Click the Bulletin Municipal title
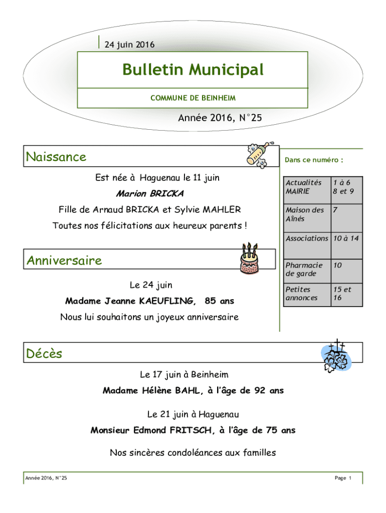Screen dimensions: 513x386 pyautogui.click(x=193, y=70)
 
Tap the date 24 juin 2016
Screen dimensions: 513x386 pyautogui.click(x=129, y=45)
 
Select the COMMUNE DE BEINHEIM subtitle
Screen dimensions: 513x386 pyautogui.click(x=193, y=98)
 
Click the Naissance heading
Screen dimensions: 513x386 pyautogui.click(x=56, y=157)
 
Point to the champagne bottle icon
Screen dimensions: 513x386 pyautogui.click(x=259, y=153)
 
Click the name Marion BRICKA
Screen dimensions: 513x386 pyautogui.click(x=143, y=193)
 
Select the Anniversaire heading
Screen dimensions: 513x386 pyautogui.click(x=64, y=261)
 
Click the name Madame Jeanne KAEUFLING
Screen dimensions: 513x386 pyautogui.click(x=130, y=301)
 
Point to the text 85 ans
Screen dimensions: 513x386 pyautogui.click(x=219, y=301)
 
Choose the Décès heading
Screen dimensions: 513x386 pyautogui.click(x=44, y=354)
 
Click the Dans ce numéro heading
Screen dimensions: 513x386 pyautogui.click(x=314, y=161)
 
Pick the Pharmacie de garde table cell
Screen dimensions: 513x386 pyautogui.click(x=304, y=269)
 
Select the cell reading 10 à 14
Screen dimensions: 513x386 pyautogui.click(x=346, y=238)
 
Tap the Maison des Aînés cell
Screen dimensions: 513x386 pyautogui.click(x=305, y=214)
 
